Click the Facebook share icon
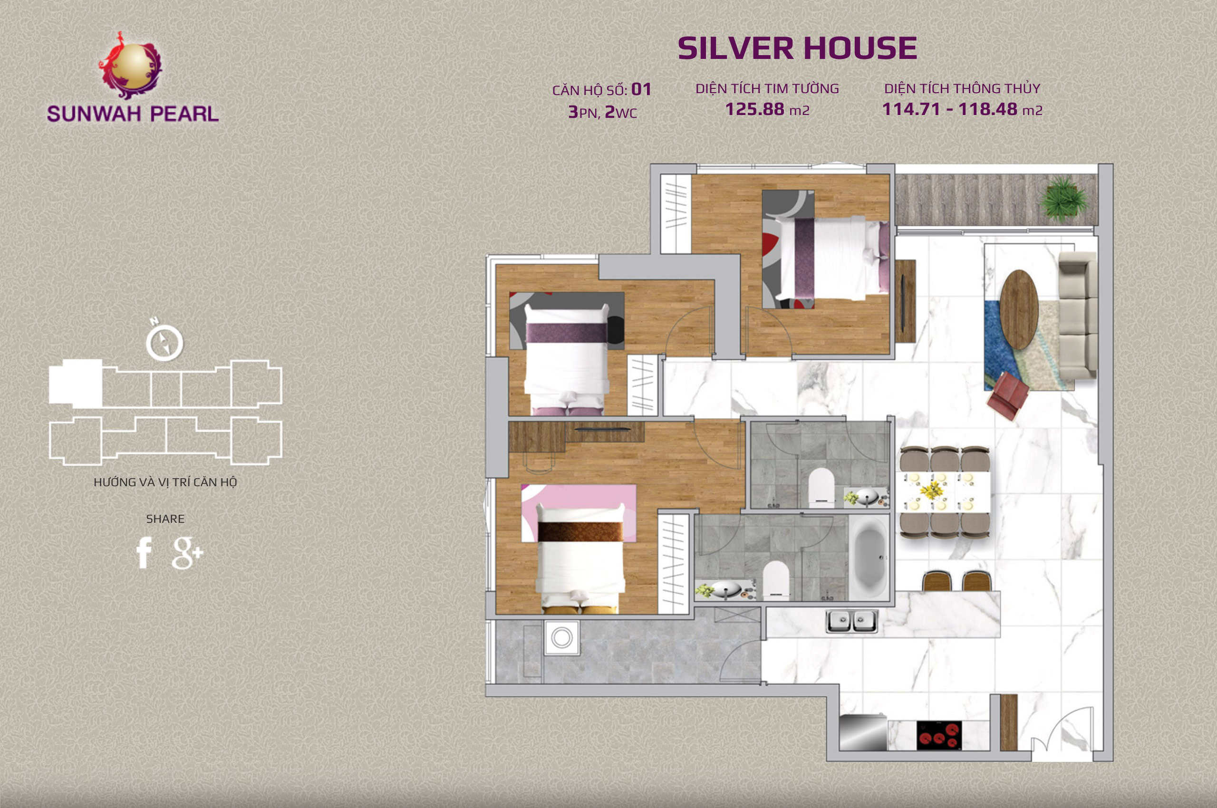tap(144, 552)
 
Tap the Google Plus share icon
tap(187, 553)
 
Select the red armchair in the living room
tap(1008, 396)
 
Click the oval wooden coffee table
tap(1019, 310)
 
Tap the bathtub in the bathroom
tap(869, 558)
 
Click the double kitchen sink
tap(851, 621)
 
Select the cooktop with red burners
tap(939, 735)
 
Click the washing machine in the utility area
tap(561, 637)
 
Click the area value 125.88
tap(754, 109)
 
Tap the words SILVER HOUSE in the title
tap(797, 48)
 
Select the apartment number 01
tap(641, 90)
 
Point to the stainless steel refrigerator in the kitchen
tap(863, 732)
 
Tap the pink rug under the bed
tap(579, 513)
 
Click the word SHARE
tap(165, 519)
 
